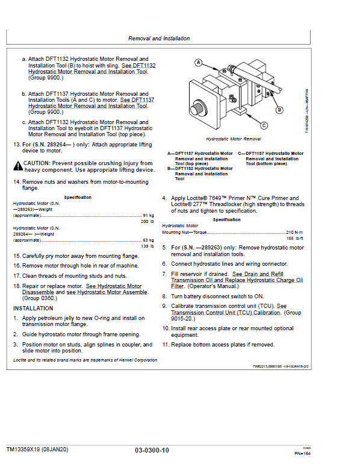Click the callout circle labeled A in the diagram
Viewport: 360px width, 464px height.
point(198,63)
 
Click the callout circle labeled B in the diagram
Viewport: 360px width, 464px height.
point(279,110)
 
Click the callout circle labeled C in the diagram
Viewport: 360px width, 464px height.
point(264,125)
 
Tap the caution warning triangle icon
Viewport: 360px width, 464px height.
point(18,166)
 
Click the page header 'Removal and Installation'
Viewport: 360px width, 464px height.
point(159,39)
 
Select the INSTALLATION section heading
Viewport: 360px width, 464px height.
point(33,309)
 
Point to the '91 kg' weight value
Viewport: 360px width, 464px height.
point(148,216)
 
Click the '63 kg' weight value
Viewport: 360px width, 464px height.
point(148,240)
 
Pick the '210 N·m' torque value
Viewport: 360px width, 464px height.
point(294,232)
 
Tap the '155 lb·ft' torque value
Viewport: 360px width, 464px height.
point(294,238)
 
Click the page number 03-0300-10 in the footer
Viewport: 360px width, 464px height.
point(152,450)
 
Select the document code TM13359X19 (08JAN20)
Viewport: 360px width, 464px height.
point(37,450)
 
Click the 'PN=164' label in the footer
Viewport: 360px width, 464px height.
point(302,453)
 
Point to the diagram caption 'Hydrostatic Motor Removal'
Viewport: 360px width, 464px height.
point(234,139)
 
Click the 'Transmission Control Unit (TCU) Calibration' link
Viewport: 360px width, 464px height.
point(226,313)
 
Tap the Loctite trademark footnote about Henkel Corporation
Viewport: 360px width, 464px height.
point(85,360)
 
